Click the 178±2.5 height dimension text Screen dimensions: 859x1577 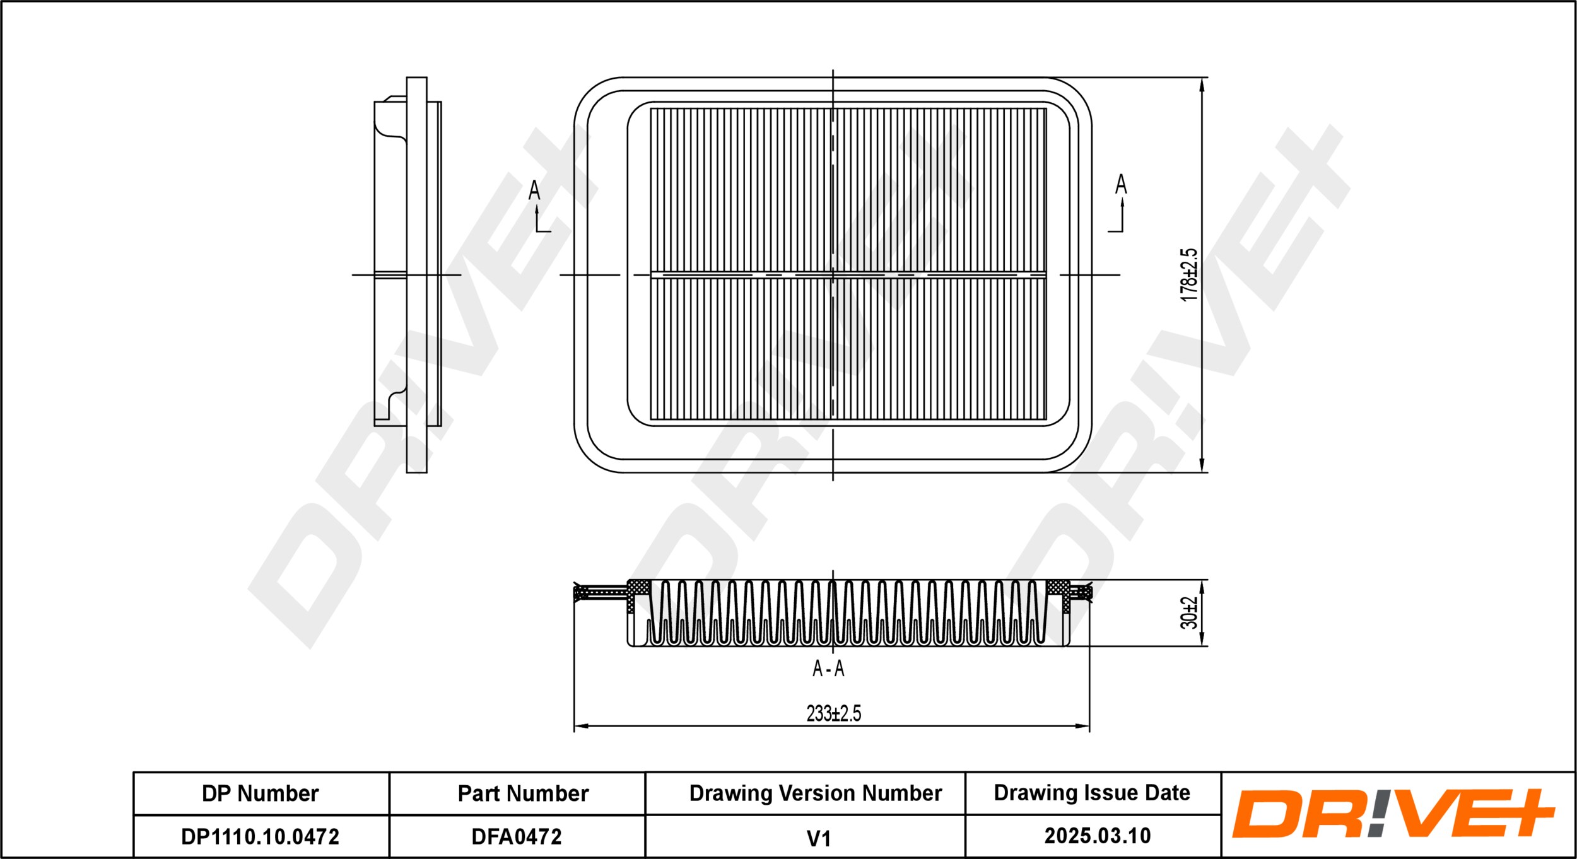(x=1188, y=274)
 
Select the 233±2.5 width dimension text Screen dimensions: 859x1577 (x=833, y=713)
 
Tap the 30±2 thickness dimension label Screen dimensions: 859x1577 (x=1188, y=613)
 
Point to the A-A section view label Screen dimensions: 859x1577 (x=828, y=669)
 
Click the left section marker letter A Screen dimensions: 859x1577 (x=534, y=190)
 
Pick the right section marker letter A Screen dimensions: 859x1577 (x=1121, y=184)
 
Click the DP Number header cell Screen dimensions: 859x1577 (x=260, y=793)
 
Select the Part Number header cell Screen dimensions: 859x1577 (x=523, y=793)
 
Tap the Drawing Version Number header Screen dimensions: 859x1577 (x=815, y=793)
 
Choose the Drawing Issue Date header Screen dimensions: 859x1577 (x=1092, y=793)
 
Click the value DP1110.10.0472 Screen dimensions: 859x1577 (x=260, y=837)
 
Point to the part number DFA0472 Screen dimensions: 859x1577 (x=517, y=837)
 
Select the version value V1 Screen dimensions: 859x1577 (x=818, y=838)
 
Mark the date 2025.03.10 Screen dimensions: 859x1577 (x=1098, y=836)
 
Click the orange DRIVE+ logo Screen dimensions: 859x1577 (x=1393, y=814)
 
